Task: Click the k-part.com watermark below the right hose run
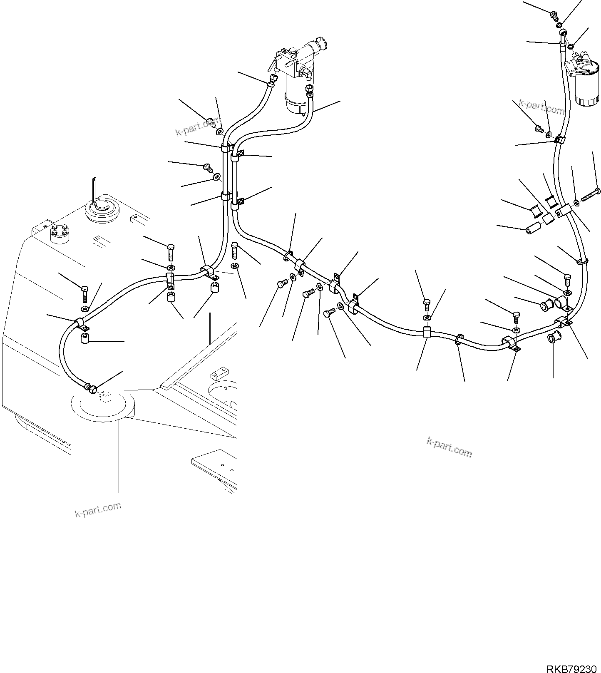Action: click(x=450, y=447)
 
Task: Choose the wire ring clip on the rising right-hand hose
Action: click(x=582, y=261)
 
